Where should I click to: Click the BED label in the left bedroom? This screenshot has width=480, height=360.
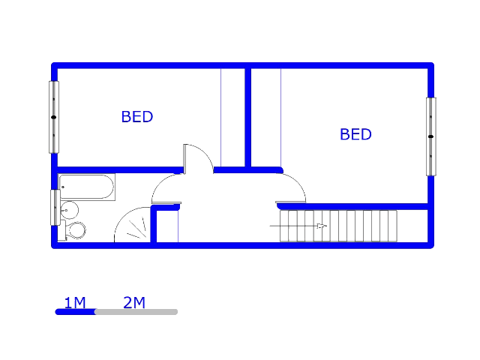(137, 117)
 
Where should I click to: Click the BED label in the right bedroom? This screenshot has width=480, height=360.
(355, 134)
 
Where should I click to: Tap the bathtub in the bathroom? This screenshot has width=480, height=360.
(87, 187)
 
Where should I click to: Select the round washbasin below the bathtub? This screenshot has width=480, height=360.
(70, 209)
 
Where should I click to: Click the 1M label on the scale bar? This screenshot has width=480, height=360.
(75, 303)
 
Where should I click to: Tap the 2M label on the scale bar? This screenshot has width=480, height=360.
(134, 303)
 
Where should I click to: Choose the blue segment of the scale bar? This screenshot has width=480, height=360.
(75, 312)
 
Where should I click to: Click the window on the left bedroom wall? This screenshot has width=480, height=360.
(53, 117)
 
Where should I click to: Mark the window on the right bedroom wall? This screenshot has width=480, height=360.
(430, 136)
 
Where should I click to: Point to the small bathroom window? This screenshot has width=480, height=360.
(55, 207)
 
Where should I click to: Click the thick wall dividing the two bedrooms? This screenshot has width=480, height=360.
(247, 117)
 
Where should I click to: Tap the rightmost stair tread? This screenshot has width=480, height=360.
(392, 226)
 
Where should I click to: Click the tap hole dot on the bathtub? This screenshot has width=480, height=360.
(63, 187)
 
